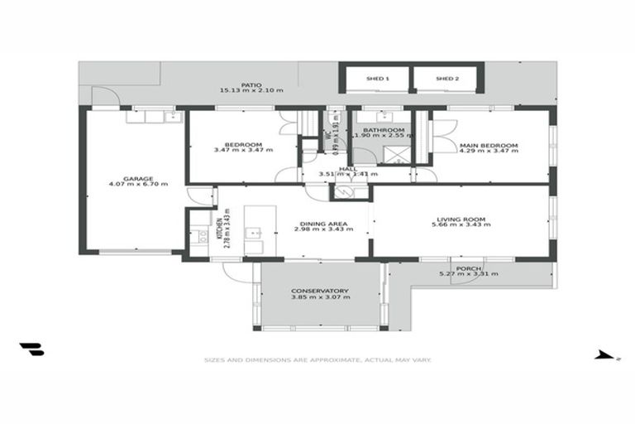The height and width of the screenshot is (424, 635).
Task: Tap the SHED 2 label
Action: (446, 79)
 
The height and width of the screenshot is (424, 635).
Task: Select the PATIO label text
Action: (252, 84)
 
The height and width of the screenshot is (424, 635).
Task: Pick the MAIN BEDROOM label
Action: (489, 146)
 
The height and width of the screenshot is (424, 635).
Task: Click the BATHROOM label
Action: (385, 130)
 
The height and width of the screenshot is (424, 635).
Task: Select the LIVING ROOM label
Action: (461, 219)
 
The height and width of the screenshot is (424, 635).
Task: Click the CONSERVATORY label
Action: (320, 291)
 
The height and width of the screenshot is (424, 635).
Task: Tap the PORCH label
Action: (468, 268)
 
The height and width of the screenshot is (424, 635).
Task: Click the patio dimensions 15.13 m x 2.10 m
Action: (252, 90)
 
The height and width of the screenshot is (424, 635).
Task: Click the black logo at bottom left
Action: (32, 349)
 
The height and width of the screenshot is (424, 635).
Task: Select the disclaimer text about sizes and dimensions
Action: (318, 360)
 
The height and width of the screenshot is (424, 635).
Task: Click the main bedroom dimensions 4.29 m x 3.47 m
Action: (489, 152)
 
